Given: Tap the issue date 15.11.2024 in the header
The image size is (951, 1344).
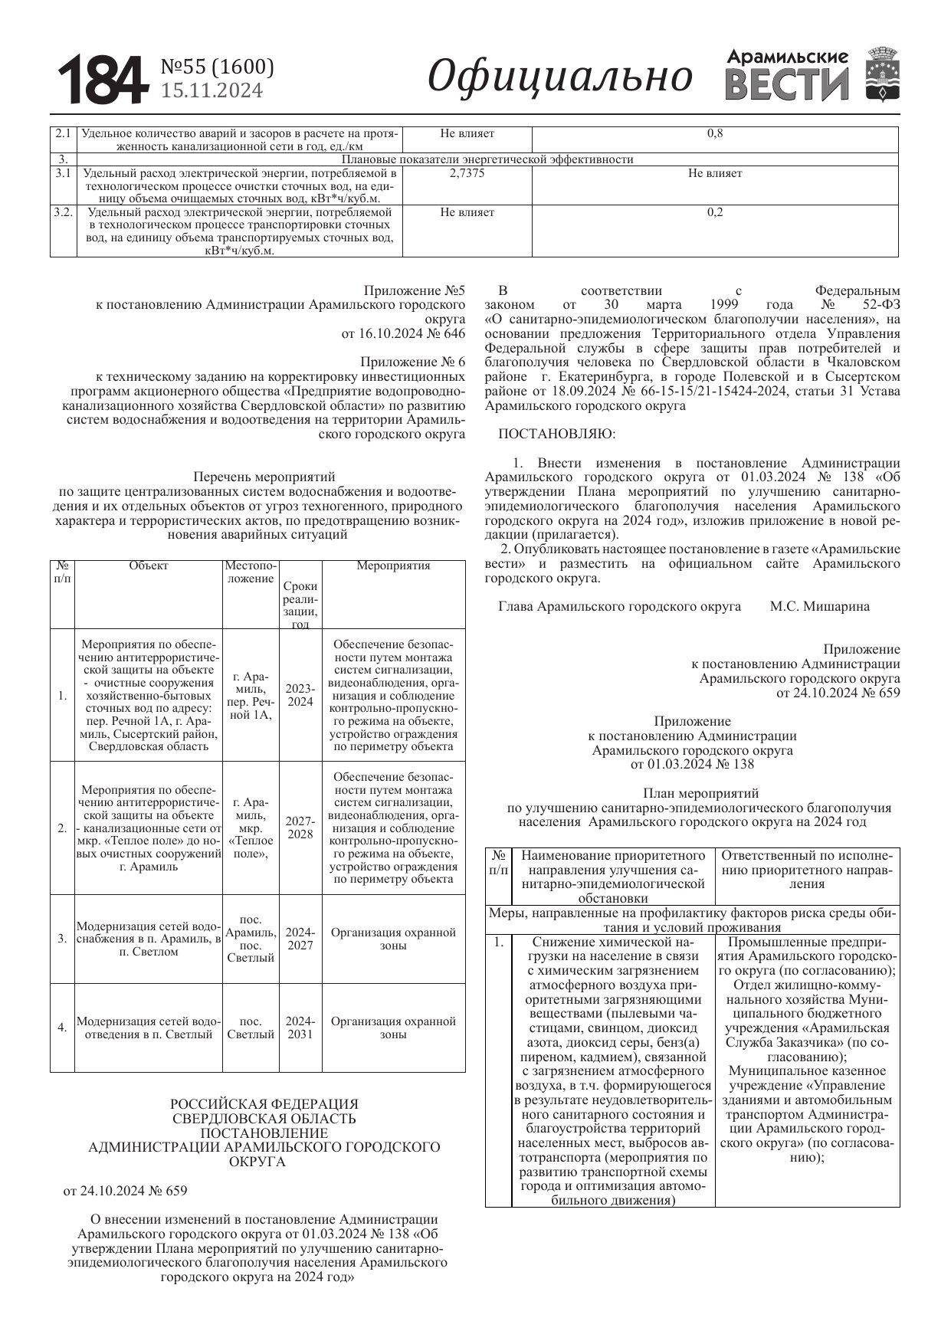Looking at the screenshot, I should point(212,91).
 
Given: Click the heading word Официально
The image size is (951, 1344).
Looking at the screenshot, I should point(559,76).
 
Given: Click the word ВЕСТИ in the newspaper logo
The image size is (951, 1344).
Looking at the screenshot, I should point(786,85).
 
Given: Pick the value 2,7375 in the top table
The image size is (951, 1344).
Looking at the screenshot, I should point(467,173).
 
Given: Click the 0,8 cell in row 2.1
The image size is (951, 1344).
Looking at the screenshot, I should point(714,133).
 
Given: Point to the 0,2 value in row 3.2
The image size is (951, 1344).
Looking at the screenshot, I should point(714,212).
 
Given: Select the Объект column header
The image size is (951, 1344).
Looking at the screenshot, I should point(148,565).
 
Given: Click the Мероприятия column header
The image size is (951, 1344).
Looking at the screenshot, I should point(393,565).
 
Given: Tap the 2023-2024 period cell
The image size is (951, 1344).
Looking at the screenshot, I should point(300,695).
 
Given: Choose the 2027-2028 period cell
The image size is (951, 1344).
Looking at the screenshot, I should point(300,828).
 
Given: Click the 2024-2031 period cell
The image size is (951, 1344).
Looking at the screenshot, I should point(300,1028).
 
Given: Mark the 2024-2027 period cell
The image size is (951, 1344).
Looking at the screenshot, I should point(300,939).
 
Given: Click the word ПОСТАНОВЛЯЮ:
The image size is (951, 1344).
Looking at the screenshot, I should point(556,434).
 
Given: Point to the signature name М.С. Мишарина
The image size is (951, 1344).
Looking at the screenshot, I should point(819,606).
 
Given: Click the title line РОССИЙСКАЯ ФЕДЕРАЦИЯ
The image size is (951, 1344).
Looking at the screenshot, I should point(264,1104).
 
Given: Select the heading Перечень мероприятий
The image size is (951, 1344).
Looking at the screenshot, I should point(264,477).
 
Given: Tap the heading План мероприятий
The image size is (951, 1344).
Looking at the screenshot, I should point(700,793).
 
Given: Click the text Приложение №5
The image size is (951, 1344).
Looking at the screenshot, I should point(414,291).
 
